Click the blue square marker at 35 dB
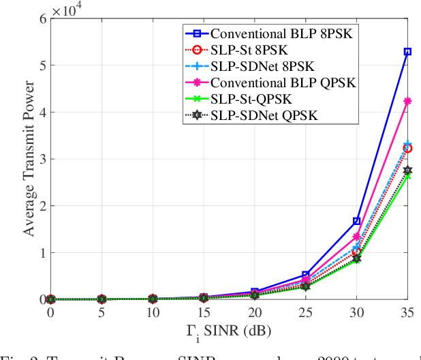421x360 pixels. pos(407,52)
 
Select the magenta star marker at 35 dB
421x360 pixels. pos(407,101)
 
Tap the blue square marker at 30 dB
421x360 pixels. pos(356,221)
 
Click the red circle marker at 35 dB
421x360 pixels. pos(407,148)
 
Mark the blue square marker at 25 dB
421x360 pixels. pos(305,275)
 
